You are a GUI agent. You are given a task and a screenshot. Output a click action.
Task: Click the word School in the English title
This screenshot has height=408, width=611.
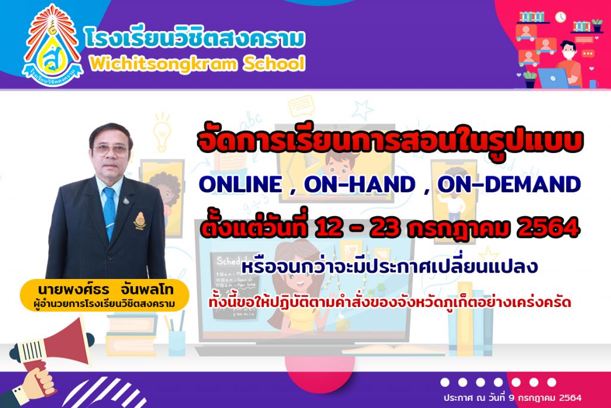274,63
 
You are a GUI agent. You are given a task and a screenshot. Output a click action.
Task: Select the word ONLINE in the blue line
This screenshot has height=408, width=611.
240,184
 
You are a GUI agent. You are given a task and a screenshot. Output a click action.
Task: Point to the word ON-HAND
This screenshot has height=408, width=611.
359,184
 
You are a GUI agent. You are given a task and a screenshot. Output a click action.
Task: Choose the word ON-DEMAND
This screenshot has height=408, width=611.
509,184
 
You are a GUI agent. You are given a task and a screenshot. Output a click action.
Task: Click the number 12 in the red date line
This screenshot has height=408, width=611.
330,228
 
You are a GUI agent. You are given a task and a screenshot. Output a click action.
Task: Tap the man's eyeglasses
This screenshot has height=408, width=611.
111,150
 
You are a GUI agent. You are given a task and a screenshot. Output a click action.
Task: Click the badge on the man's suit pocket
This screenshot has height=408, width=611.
140,221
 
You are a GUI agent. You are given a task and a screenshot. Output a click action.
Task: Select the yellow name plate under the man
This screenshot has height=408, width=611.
104,295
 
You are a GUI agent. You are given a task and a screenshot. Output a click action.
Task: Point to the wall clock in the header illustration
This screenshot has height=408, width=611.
560,17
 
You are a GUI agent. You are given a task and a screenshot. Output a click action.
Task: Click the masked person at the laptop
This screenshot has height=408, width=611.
569,65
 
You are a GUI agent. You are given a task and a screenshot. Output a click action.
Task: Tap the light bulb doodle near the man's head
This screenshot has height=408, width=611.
162,132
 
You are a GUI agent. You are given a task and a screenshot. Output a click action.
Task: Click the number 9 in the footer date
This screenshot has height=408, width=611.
511,398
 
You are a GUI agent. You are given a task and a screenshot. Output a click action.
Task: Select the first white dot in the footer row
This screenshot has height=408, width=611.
445,382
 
